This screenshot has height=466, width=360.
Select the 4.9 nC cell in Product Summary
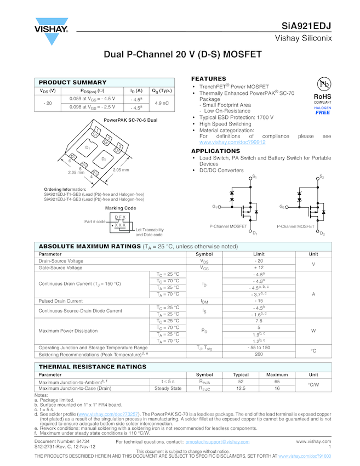[162, 103]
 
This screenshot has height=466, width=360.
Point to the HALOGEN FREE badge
[323, 110]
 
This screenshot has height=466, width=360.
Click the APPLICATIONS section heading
[215, 151]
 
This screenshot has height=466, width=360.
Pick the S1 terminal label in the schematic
[254, 177]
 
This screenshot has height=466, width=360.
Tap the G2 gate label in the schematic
[282, 207]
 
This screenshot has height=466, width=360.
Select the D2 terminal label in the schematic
[322, 234]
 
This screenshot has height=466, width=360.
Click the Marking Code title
[120, 208]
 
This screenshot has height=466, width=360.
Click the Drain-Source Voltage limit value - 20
[259, 261]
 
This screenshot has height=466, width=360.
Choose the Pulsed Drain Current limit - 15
[259, 301]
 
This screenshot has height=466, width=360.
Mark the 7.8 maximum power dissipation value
[259, 321]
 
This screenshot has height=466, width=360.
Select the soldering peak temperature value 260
[259, 354]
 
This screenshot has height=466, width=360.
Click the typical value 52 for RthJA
[241, 382]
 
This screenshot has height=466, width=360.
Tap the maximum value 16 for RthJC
[277, 388]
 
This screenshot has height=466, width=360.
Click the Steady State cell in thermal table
[168, 388]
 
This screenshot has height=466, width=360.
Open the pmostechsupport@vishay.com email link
[218, 441]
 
